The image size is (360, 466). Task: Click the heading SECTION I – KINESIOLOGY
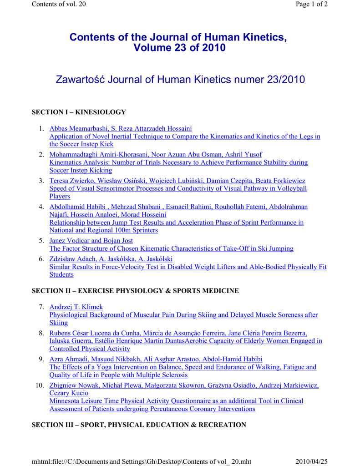78,112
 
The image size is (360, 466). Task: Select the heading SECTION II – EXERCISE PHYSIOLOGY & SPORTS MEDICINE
135,290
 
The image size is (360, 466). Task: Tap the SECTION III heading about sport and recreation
138,425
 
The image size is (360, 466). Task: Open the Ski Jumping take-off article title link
171,248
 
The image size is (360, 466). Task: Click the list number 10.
39,385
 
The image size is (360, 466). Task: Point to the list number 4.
41,207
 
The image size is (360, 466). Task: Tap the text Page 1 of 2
311,4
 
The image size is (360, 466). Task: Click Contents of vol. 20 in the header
59,4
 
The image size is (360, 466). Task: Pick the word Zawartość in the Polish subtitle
83,80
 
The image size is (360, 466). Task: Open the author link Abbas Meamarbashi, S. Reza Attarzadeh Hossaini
121,129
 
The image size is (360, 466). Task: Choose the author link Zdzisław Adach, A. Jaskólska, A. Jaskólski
111,258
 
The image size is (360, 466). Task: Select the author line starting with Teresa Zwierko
177,181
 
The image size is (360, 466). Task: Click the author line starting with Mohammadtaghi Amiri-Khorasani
155,154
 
